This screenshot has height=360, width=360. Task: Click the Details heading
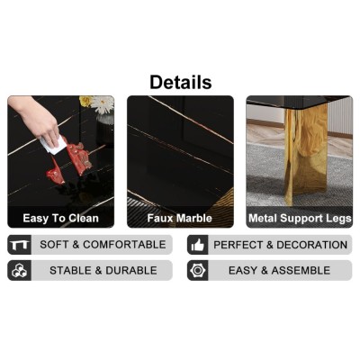point(180,82)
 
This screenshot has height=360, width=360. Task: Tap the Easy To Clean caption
point(60,218)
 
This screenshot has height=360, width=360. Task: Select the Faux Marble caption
point(180,218)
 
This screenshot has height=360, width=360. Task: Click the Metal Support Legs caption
point(299,218)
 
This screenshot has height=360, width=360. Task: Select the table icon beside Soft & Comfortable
point(19,245)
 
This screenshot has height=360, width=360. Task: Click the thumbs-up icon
point(198,245)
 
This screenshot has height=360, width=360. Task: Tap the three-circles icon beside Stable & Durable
point(19,270)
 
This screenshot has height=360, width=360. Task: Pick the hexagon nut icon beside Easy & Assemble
point(198,270)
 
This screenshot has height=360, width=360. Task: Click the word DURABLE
point(131,270)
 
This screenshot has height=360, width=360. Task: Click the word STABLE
point(71,270)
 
